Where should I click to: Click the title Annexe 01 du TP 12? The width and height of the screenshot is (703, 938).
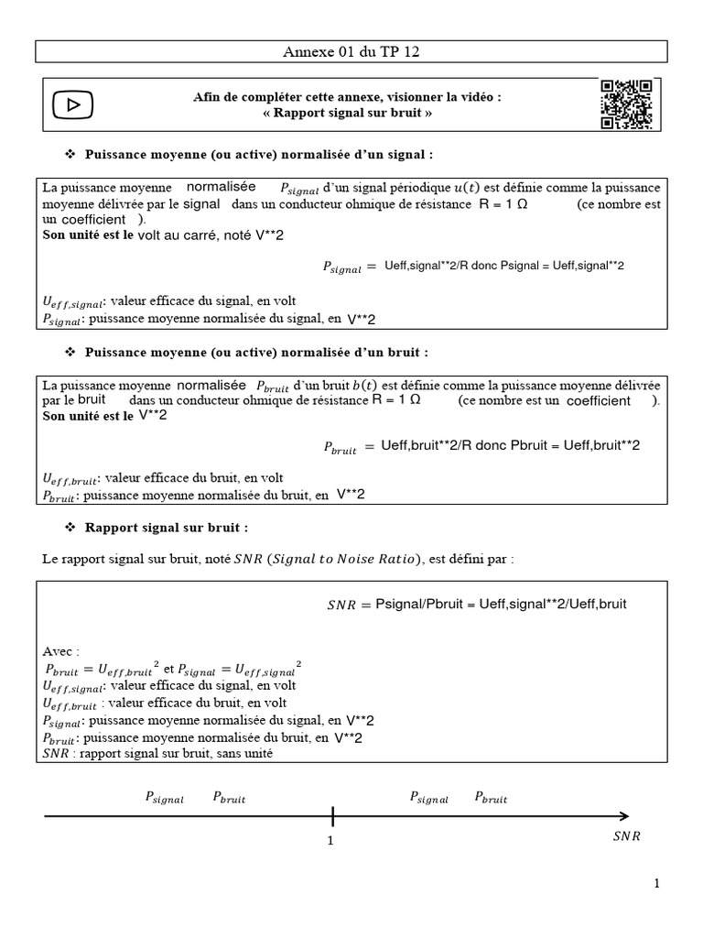click(351, 52)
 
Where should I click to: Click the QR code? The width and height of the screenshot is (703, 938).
click(626, 104)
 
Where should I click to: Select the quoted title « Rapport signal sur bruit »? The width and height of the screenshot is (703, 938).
click(347, 113)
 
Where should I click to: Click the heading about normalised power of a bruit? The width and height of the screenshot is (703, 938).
click(256, 352)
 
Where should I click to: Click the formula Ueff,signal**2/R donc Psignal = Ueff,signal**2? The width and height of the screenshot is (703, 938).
click(504, 266)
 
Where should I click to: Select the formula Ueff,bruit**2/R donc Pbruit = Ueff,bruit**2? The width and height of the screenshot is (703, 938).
click(510, 446)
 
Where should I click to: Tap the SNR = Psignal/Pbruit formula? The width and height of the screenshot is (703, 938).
click(476, 605)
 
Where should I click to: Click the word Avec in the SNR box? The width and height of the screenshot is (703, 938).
click(61, 651)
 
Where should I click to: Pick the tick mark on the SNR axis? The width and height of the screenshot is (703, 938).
click(332, 815)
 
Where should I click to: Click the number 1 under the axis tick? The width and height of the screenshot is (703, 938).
click(330, 840)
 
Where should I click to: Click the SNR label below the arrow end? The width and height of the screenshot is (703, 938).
click(626, 836)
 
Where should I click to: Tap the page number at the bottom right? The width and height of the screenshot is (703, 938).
click(656, 883)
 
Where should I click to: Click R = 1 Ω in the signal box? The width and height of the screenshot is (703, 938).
click(503, 204)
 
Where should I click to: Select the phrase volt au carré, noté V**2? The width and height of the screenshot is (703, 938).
click(211, 235)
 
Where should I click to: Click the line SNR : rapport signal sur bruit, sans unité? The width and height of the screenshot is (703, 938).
click(157, 754)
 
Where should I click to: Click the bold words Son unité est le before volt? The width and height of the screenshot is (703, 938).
click(89, 235)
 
